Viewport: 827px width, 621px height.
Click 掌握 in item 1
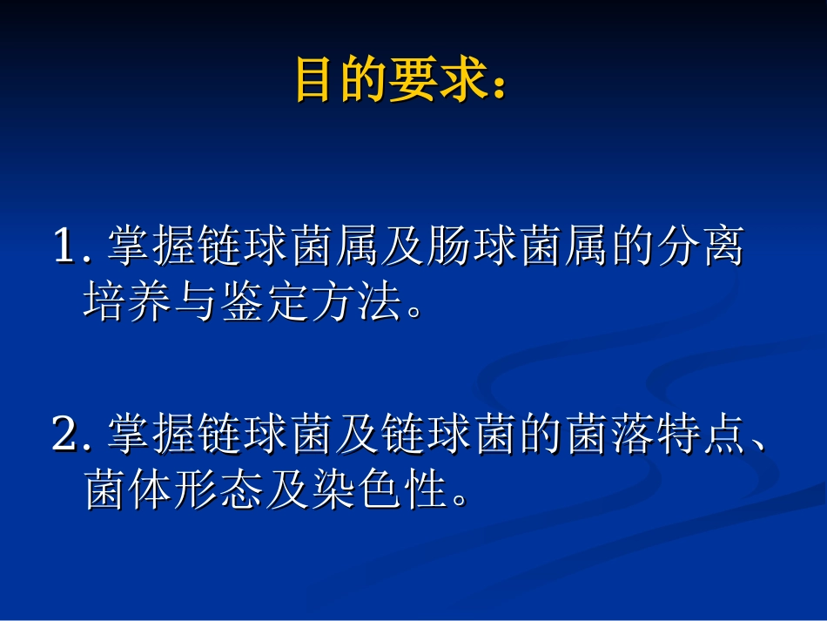(x=152, y=247)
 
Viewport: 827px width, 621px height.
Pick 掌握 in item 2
(x=152, y=435)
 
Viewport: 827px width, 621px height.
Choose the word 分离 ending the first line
(x=703, y=247)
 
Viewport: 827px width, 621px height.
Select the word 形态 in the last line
(x=221, y=491)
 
